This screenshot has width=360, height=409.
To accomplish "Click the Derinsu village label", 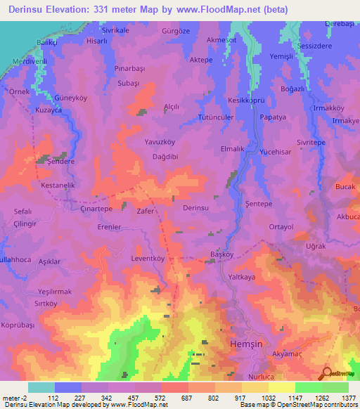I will pos(196,209).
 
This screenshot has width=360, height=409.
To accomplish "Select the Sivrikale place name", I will pos(118,32).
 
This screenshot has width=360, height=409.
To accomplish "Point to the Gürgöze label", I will pos(176,32).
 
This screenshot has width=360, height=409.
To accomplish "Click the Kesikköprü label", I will pos(246,100).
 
